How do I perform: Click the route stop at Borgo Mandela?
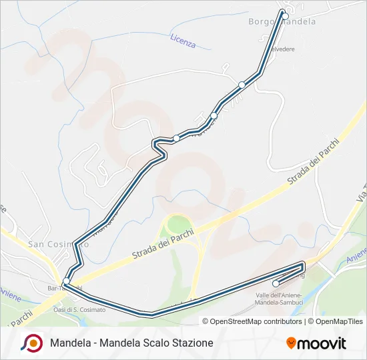pyautogui.click(x=285, y=16)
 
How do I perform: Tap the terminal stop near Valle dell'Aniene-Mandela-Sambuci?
pyautogui.click(x=276, y=283)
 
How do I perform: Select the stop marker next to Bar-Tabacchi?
pyautogui.click(x=66, y=281)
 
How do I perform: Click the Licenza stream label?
pyautogui.click(x=183, y=41)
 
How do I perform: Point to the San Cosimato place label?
pyautogui.click(x=59, y=244)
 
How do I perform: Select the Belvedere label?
pyautogui.click(x=282, y=49)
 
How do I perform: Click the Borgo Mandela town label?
pyautogui.click(x=282, y=22)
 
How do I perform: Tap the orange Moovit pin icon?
pyautogui.click(x=292, y=343)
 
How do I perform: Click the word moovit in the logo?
pyautogui.click(x=322, y=343)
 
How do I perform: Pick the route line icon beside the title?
pyautogui.click(x=32, y=343)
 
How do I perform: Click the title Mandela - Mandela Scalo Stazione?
pyautogui.click(x=131, y=343)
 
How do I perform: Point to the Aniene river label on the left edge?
pyautogui.click(x=10, y=293)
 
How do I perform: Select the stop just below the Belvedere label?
pyautogui.click(x=242, y=85)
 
